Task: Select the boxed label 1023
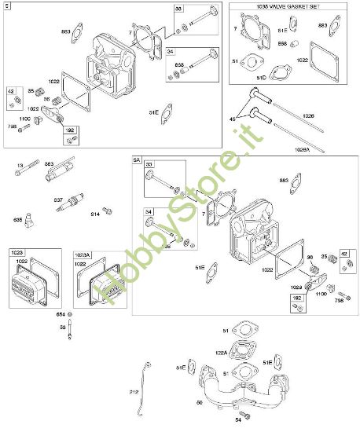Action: coord(17,252)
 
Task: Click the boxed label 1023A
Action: coord(83,253)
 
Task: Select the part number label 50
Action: coord(198,402)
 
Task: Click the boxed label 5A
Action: coord(136,159)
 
